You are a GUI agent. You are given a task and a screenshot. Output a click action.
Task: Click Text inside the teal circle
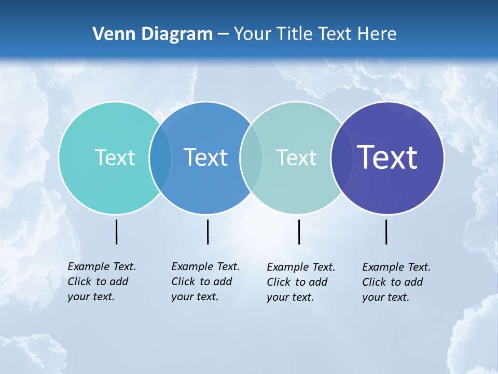(x=115, y=157)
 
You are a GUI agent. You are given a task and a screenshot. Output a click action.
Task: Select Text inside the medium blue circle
(x=205, y=157)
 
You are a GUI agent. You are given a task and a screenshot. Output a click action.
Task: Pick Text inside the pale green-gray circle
(x=296, y=157)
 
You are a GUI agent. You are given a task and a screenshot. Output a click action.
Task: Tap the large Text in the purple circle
(x=387, y=157)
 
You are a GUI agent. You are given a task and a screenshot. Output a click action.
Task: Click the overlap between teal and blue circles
(x=161, y=158)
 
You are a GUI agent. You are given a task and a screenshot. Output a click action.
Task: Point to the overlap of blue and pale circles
(x=251, y=158)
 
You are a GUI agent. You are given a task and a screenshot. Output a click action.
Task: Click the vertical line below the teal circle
(x=116, y=232)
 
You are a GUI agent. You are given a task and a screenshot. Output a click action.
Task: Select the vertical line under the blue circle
(x=208, y=232)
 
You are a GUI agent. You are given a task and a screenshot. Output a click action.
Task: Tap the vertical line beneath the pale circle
(x=299, y=232)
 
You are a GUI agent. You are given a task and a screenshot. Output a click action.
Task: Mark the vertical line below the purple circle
(x=386, y=232)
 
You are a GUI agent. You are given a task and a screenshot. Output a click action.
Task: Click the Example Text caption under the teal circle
(x=102, y=282)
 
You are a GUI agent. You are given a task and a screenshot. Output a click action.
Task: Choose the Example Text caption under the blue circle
(x=205, y=282)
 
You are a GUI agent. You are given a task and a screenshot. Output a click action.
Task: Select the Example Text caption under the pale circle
(x=301, y=282)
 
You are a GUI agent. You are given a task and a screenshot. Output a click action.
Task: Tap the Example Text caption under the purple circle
(x=396, y=282)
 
